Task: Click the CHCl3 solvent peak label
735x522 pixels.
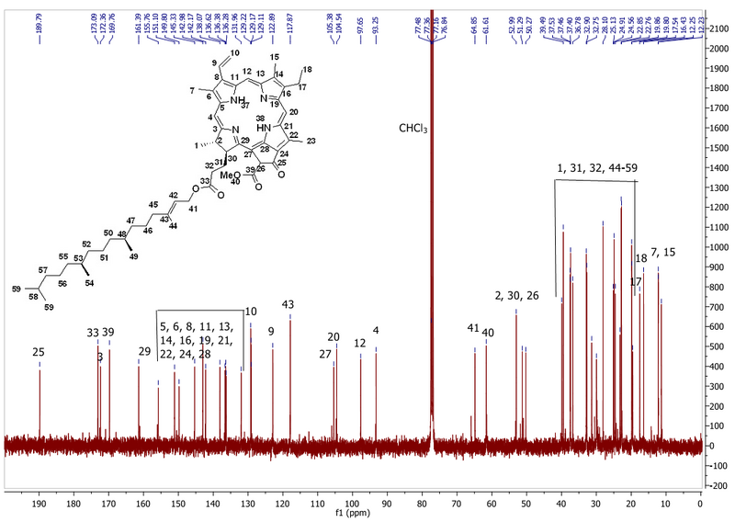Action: pyautogui.click(x=413, y=127)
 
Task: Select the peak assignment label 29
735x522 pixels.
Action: pyautogui.click(x=144, y=352)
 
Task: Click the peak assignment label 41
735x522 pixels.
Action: pyautogui.click(x=473, y=328)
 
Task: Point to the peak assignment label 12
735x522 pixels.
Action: pyautogui.click(x=360, y=342)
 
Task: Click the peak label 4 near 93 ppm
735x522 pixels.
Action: pyautogui.click(x=375, y=330)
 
